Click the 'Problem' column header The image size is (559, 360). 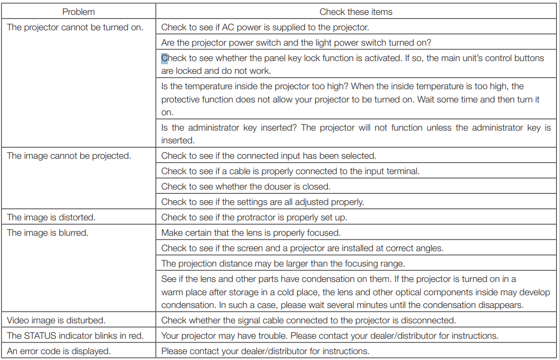click(78, 12)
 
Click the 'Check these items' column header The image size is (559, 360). click(355, 12)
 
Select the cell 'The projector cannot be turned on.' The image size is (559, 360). click(75, 27)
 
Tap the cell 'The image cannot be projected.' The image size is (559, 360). click(69, 156)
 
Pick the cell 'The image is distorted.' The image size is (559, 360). click(51, 217)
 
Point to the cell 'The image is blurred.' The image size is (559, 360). click(47, 233)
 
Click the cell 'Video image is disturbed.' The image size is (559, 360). click(56, 320)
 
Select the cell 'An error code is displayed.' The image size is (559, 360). click(59, 351)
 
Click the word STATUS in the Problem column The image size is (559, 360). click(39, 336)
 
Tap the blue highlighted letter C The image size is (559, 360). click(164, 58)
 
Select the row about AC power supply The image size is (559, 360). click(265, 27)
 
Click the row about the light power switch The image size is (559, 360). click(295, 42)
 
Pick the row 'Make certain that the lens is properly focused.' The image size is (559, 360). click(251, 233)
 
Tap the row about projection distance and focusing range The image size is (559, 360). click(283, 263)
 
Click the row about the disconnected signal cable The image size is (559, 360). click(308, 320)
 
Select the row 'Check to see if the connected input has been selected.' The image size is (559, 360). click(268, 156)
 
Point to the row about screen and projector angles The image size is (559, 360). click(302, 248)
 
